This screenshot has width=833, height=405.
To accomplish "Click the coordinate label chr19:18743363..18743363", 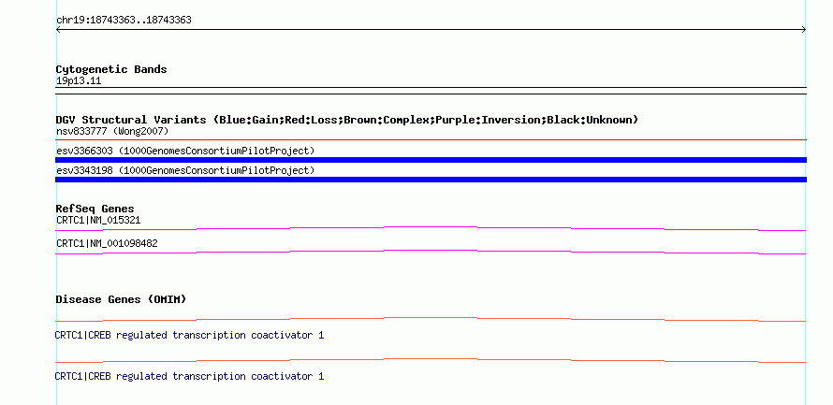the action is [124, 21].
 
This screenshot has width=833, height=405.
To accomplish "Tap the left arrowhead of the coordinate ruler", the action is [58, 30].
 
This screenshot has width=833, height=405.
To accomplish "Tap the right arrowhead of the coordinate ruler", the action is [804, 30].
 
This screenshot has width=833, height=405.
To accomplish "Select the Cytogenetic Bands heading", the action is [111, 69].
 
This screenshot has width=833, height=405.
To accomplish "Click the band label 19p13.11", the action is [79, 81].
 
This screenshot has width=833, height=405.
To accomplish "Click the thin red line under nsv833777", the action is [431, 140].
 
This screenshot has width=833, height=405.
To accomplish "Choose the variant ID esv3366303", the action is [84, 152].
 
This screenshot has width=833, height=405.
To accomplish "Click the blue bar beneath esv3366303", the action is [431, 160].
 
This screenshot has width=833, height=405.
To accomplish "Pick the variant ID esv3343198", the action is [84, 171].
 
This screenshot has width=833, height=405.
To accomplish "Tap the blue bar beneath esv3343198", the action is [431, 180].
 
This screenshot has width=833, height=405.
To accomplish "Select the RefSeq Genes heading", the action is [95, 209].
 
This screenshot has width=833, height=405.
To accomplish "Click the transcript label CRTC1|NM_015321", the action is [98, 220].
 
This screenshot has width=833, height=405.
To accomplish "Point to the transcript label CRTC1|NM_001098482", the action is [107, 243].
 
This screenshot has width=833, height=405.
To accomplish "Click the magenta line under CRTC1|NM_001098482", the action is [431, 251].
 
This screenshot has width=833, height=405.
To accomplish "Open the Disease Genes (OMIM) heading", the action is [121, 299].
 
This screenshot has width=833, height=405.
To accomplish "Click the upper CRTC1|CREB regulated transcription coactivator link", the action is [189, 336].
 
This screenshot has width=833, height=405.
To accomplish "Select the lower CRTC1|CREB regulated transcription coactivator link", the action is [189, 376].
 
